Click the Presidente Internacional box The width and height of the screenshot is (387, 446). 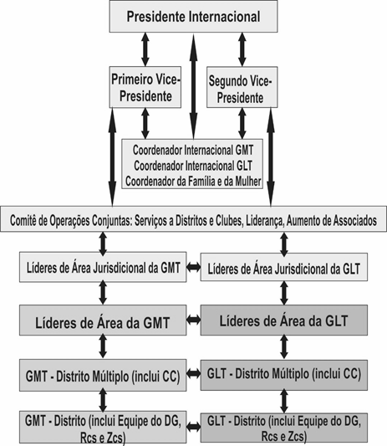click(193, 16)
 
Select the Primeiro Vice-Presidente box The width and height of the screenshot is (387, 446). click(145, 87)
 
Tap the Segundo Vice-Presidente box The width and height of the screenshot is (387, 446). click(242, 87)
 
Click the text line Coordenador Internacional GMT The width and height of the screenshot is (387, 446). click(193, 150)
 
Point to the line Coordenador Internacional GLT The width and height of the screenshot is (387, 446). click(193, 166)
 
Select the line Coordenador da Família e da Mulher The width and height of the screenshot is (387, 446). click(193, 182)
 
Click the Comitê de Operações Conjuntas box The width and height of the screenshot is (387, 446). click(194, 219)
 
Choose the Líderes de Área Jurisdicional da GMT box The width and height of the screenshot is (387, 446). click(103, 267)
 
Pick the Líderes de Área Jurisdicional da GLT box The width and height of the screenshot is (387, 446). click(284, 267)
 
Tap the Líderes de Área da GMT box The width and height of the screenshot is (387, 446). click(103, 320)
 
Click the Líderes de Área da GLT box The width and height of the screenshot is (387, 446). click(284, 320)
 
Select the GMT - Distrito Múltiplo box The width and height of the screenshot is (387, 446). click(103, 375)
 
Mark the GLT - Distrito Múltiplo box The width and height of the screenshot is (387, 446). click(284, 375)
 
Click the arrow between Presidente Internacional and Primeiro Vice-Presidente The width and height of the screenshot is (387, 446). click(145, 49)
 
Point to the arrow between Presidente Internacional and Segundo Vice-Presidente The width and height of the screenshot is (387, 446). click(242, 49)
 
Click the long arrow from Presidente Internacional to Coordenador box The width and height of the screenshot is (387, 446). click(194, 86)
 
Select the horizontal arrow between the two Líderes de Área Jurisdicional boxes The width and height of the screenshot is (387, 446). click(194, 267)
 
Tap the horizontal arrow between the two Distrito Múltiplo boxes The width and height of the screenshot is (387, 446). click(194, 373)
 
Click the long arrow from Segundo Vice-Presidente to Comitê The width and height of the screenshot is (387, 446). click(271, 157)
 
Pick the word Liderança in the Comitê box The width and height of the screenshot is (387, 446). click(266, 221)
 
